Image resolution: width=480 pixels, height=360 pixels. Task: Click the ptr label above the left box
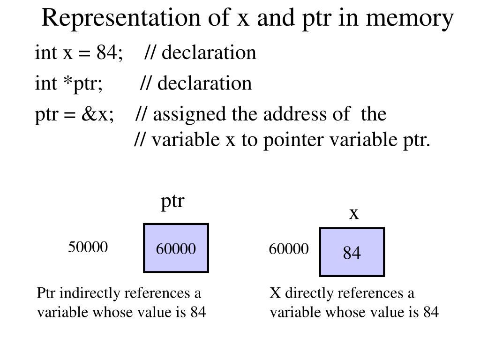tap(173, 202)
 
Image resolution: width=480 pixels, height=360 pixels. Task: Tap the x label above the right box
tap(354, 213)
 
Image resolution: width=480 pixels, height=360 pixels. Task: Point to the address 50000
tap(88, 247)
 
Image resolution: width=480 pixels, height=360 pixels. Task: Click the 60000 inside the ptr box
tap(176, 249)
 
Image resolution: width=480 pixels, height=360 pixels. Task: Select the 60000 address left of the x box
tap(289, 249)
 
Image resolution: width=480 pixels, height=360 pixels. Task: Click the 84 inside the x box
tap(352, 254)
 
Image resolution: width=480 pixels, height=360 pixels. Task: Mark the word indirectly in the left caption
tap(86, 294)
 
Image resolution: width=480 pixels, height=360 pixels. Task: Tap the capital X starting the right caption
tap(275, 294)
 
